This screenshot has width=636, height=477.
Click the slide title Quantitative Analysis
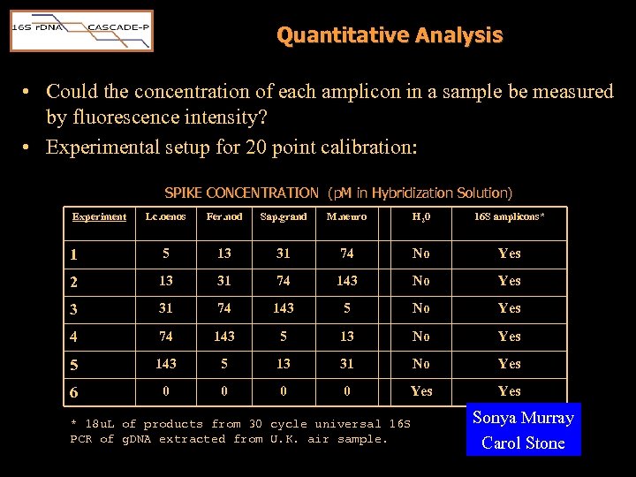(389, 35)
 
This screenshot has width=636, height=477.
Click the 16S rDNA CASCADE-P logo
(81, 31)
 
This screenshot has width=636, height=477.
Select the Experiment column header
(99, 216)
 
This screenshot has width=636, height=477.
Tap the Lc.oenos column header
(165, 216)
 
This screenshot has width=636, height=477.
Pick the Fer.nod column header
(223, 216)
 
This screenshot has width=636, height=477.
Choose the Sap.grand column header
(283, 216)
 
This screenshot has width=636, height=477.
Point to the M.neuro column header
(346, 216)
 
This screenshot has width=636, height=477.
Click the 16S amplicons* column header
(509, 216)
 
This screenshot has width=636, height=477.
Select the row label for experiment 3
(75, 308)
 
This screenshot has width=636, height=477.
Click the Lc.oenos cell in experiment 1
(165, 254)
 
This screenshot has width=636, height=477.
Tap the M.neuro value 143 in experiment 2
(346, 281)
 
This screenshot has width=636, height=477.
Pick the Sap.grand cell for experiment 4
(283, 337)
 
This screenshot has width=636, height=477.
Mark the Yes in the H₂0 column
(421, 391)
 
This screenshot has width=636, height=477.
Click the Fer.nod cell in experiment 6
(223, 391)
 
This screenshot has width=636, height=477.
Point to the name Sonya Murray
(523, 418)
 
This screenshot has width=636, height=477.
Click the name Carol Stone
(523, 443)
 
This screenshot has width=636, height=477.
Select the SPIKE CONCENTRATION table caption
(338, 193)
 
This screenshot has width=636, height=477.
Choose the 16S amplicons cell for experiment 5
(509, 364)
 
